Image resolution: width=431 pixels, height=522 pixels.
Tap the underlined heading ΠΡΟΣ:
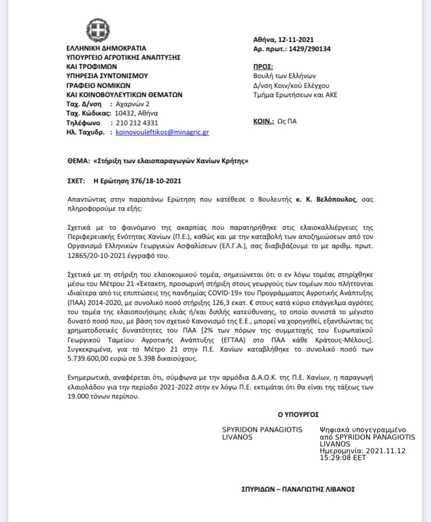(x=263, y=67)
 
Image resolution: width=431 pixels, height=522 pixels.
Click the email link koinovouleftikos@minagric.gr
(x=162, y=132)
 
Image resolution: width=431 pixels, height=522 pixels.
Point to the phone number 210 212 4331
(x=137, y=123)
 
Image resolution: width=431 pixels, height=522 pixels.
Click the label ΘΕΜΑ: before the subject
(x=78, y=161)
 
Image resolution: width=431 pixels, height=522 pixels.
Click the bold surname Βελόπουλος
(x=334, y=199)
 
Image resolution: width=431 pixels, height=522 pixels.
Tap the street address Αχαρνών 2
(x=132, y=105)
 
